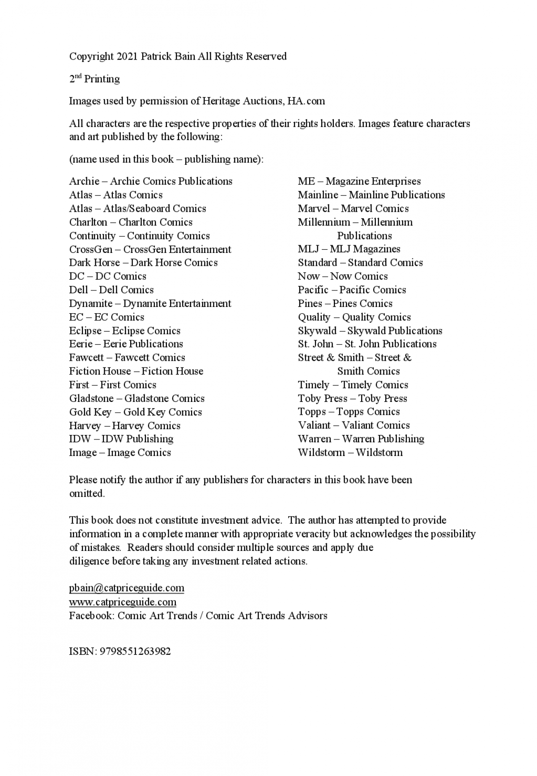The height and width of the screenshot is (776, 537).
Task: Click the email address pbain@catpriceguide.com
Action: (127, 588)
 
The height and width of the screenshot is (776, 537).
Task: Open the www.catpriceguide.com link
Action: (123, 601)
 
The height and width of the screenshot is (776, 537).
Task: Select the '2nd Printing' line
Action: (94, 79)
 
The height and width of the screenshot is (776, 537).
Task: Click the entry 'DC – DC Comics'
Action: (107, 276)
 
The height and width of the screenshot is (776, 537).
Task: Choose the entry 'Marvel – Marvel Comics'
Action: (353, 209)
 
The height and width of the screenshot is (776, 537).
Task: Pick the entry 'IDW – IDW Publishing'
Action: (121, 439)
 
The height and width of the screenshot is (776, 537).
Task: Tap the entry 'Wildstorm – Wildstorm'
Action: (350, 452)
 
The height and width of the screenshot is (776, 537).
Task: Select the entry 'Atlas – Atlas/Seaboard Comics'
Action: (137, 209)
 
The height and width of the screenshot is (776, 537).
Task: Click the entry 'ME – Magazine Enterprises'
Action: (359, 181)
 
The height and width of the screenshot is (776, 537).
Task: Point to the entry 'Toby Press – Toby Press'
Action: (352, 398)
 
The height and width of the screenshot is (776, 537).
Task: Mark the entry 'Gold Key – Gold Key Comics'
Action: (135, 412)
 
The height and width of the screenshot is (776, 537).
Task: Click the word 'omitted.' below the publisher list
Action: (87, 494)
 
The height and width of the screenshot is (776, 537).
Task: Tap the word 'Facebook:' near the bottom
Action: (91, 616)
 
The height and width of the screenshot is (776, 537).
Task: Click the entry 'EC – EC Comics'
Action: (107, 317)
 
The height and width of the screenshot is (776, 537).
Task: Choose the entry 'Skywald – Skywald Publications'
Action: (370, 331)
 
